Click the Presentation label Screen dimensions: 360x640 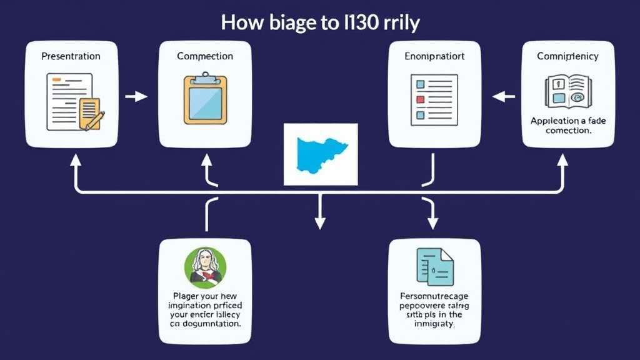click(x=71, y=56)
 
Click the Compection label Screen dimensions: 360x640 click(x=205, y=56)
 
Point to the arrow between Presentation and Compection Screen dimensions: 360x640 click(x=137, y=96)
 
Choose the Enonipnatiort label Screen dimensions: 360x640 click(x=434, y=56)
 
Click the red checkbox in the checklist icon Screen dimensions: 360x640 click(x=420, y=99)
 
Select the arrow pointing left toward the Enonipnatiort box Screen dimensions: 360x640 click(x=503, y=96)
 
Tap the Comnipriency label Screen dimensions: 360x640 click(x=567, y=56)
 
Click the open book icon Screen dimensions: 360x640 click(x=567, y=92)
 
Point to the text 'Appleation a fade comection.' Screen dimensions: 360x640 click(x=567, y=126)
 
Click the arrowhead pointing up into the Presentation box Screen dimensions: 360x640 click(x=76, y=161)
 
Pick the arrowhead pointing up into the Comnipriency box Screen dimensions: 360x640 click(x=562, y=161)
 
